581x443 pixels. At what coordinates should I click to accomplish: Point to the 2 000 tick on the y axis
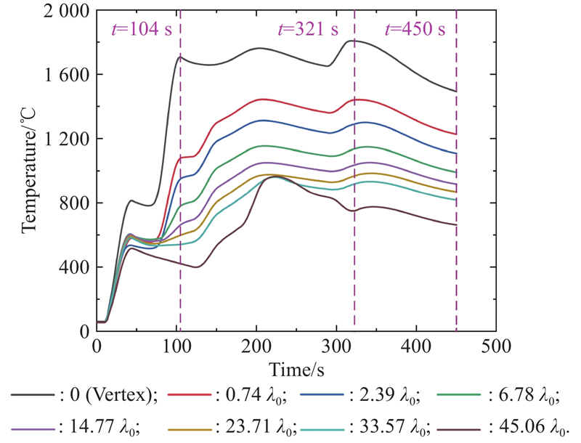pos(63,12)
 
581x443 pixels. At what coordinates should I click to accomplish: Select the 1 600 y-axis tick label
pos(63,75)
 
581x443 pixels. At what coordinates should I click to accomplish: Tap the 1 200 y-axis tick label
pos(63,139)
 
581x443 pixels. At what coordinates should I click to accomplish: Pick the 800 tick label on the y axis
pos(73,203)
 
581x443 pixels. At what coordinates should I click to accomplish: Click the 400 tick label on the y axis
pos(73,267)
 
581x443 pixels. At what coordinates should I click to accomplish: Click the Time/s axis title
pos(296,370)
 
